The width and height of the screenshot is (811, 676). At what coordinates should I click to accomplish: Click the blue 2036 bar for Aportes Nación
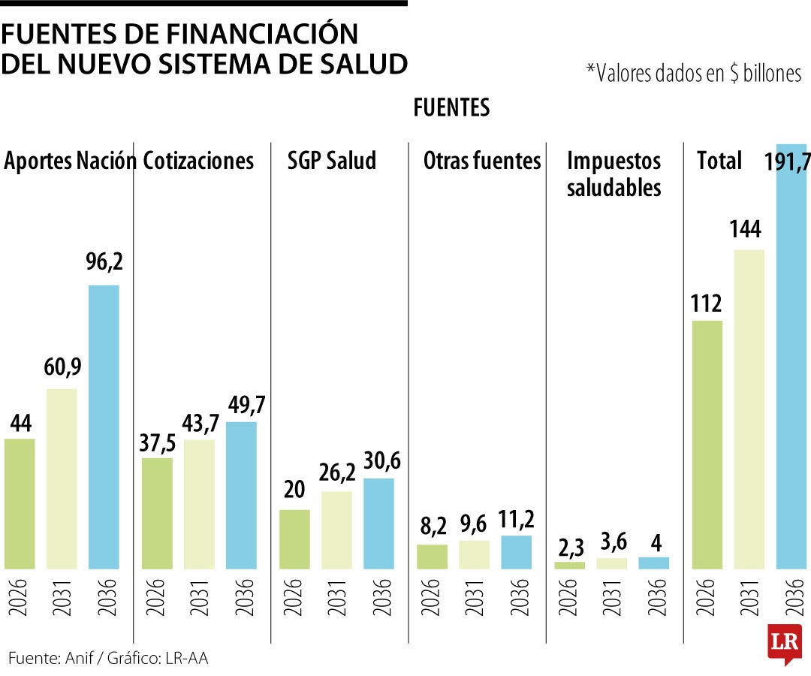pos(104,426)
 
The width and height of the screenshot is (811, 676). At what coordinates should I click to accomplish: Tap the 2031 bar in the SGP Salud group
pos(336,530)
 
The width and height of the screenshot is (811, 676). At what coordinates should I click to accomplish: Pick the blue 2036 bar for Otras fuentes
pos(516,552)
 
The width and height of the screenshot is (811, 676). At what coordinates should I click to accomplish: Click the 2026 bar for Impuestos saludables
pos(569,565)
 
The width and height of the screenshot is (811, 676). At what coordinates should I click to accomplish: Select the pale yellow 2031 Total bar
pos(749,409)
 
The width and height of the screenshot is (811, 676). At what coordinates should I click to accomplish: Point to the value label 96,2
pos(104,263)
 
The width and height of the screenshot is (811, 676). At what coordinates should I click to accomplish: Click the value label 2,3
pos(569,545)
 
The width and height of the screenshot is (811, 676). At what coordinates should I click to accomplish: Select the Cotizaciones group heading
pos(198,161)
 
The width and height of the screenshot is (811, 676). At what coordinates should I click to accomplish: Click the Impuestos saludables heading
pos(614,174)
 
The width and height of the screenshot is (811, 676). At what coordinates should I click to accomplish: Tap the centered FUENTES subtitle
pos(451,108)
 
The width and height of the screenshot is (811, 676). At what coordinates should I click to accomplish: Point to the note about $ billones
pos(693,73)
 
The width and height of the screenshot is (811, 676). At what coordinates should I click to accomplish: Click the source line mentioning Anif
pos(108,659)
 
